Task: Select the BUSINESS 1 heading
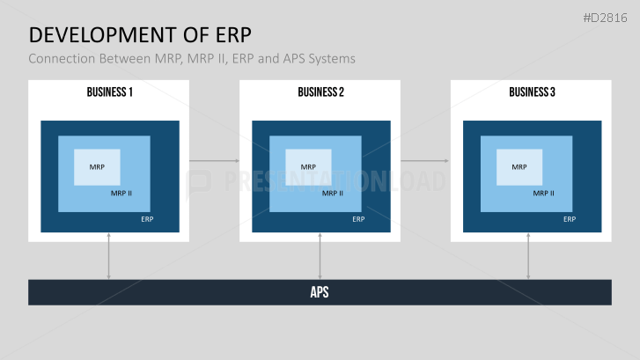coord(109,92)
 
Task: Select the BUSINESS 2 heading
coord(320,92)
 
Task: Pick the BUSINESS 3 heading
coord(532,92)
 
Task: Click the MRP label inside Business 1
coord(96,166)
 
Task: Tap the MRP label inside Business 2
coord(307,166)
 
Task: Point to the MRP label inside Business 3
coord(519,166)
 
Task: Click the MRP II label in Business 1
coord(121,194)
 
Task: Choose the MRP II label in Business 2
coord(333,194)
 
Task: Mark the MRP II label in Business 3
coord(544,194)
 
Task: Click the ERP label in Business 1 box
coord(147,219)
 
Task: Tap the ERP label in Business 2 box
coord(358,219)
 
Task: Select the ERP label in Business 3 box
coord(570,219)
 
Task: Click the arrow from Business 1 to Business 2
coord(214,161)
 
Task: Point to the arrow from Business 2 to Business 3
coord(425,161)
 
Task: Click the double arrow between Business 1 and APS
coord(108,256)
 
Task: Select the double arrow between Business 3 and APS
coord(528,256)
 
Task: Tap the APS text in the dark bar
coord(320,292)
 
